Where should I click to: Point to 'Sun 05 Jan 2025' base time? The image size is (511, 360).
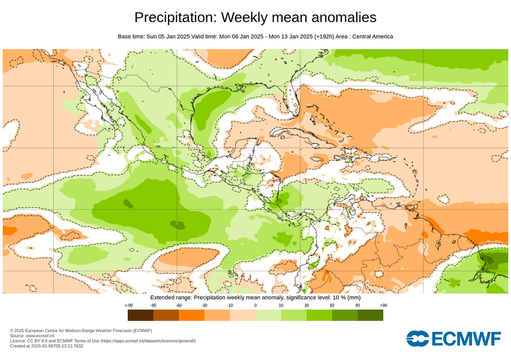171,36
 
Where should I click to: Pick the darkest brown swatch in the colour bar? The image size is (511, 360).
140,315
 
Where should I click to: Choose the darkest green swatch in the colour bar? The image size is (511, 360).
370,315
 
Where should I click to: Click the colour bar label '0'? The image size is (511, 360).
255,305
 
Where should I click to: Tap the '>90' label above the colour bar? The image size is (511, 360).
383,305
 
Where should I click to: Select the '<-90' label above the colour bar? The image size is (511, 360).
128,305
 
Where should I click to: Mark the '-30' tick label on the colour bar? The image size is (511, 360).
204,305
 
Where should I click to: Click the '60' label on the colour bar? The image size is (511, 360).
332,305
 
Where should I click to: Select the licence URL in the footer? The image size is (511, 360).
148,341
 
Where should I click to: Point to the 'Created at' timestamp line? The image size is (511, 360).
46,346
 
